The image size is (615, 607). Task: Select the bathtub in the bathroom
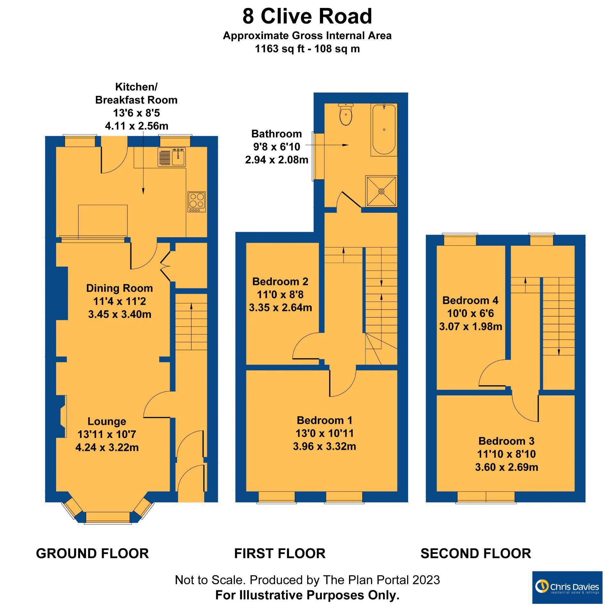click(384, 129)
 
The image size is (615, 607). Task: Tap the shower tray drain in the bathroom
click(381, 191)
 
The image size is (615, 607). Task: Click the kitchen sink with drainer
click(172, 157)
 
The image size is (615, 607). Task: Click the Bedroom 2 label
click(280, 281)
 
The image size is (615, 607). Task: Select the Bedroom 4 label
click(470, 300)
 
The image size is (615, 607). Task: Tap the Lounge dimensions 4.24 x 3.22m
click(107, 447)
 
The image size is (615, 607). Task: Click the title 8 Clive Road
click(307, 17)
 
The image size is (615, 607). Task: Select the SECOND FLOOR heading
click(476, 553)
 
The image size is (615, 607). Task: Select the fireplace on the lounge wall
click(63, 416)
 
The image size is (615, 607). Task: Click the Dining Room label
click(119, 288)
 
